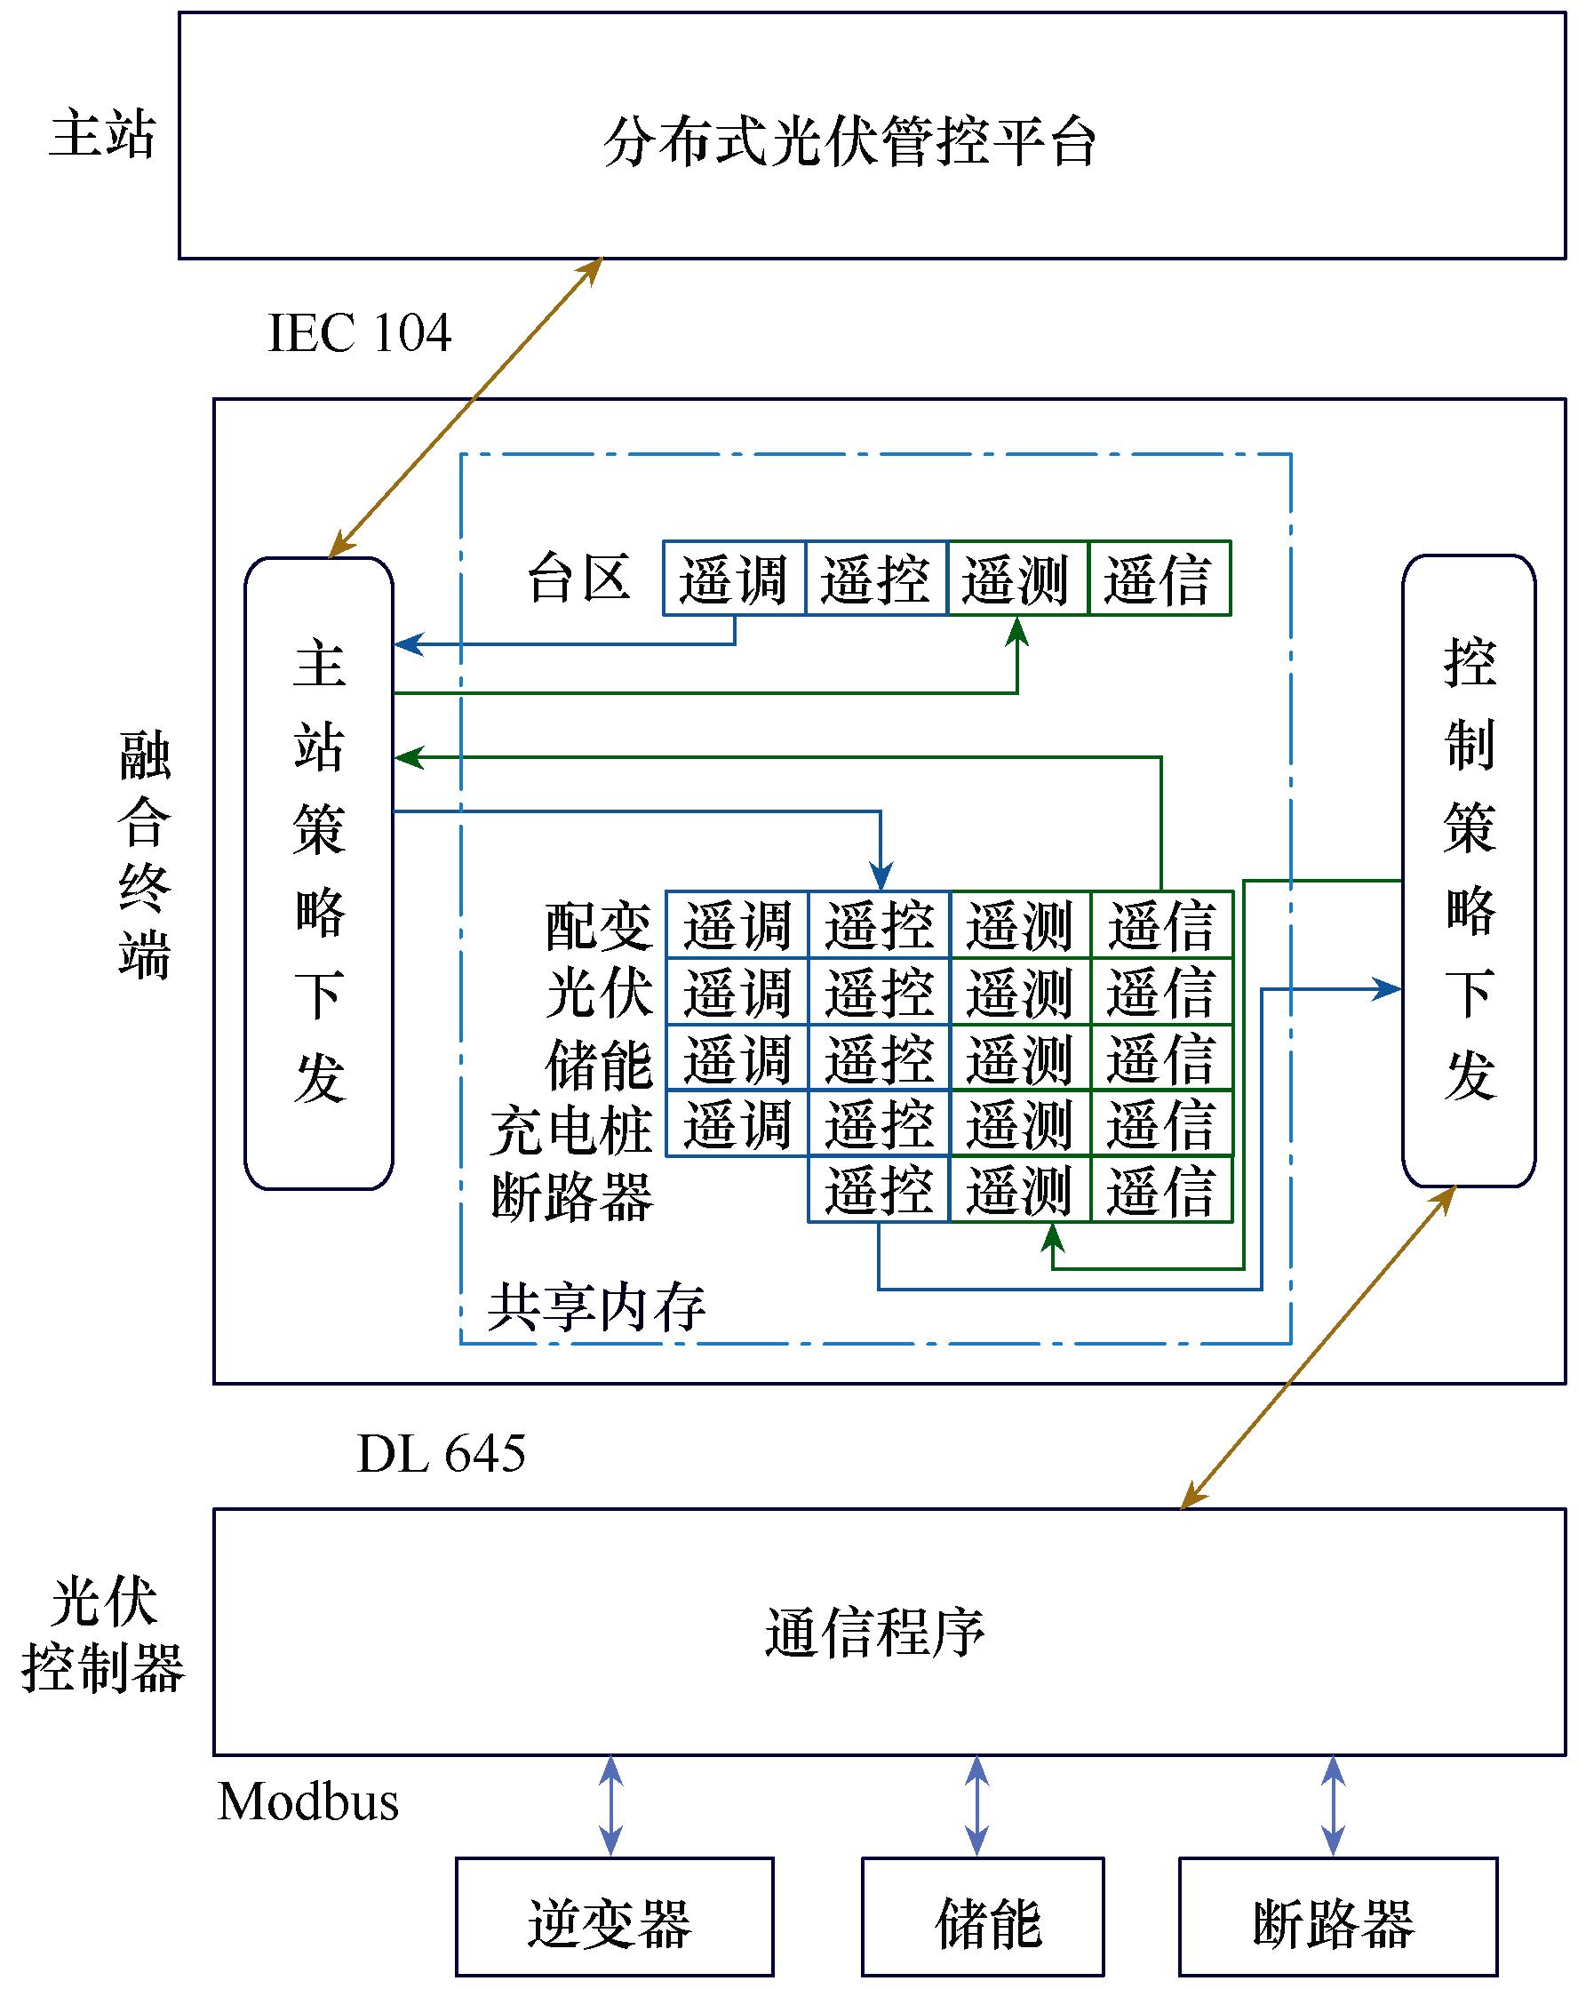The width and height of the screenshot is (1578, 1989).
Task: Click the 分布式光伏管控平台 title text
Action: click(849, 143)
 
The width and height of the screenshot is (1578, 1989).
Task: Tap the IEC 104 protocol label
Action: click(359, 333)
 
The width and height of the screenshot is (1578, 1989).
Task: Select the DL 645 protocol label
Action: click(441, 1455)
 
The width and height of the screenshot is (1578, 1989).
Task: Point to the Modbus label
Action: click(308, 1801)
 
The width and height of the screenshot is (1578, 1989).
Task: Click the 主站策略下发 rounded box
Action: click(318, 873)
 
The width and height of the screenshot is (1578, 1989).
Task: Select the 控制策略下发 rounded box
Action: click(1468, 870)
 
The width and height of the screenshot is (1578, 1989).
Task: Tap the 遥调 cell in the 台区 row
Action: click(734, 579)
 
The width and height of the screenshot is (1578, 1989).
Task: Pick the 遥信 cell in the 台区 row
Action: click(1160, 579)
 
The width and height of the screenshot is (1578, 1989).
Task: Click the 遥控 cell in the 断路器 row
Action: click(878, 1190)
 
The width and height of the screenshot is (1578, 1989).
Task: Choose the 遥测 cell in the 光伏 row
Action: click(1020, 992)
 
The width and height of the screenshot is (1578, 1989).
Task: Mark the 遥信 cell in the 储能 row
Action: click(1161, 1058)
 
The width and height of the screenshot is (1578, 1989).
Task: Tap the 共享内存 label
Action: click(596, 1307)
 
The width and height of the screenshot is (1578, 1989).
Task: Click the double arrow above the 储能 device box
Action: click(976, 1806)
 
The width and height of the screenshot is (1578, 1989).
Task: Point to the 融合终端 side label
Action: click(145, 855)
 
